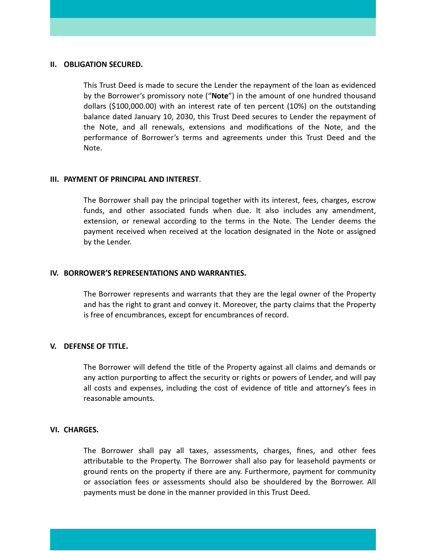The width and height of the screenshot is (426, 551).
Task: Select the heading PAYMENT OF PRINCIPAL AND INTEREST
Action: tap(131, 179)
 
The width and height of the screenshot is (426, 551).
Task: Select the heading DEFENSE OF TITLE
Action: tap(96, 346)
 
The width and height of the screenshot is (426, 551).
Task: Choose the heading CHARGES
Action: tap(81, 430)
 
